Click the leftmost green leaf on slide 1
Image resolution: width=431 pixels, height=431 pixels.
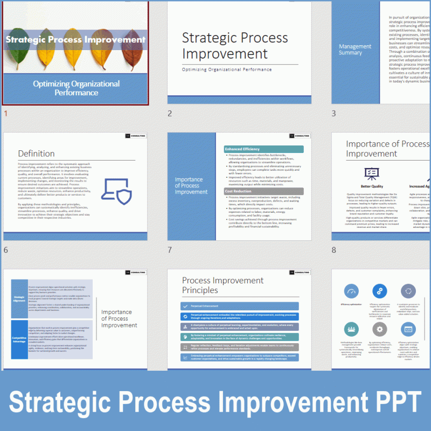click(x=16, y=40)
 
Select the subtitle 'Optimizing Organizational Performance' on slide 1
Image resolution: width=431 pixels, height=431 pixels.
click(x=76, y=88)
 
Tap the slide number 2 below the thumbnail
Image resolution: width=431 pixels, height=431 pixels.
click(x=170, y=114)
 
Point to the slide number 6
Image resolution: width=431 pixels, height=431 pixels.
click(x=6, y=251)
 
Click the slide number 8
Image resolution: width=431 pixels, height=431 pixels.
click(x=334, y=251)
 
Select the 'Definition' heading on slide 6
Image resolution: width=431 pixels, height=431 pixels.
click(x=36, y=154)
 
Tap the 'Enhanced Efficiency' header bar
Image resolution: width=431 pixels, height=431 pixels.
click(x=263, y=149)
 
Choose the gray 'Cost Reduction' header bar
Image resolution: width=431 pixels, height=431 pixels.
click(x=263, y=191)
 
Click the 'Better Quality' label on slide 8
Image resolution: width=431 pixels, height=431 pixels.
click(x=372, y=186)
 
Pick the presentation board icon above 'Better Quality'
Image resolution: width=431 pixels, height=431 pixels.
click(x=372, y=173)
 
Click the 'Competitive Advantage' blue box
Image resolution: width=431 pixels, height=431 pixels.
click(x=19, y=339)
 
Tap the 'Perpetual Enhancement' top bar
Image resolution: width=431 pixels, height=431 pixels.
click(x=239, y=305)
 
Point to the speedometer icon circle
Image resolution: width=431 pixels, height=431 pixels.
click(x=352, y=291)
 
